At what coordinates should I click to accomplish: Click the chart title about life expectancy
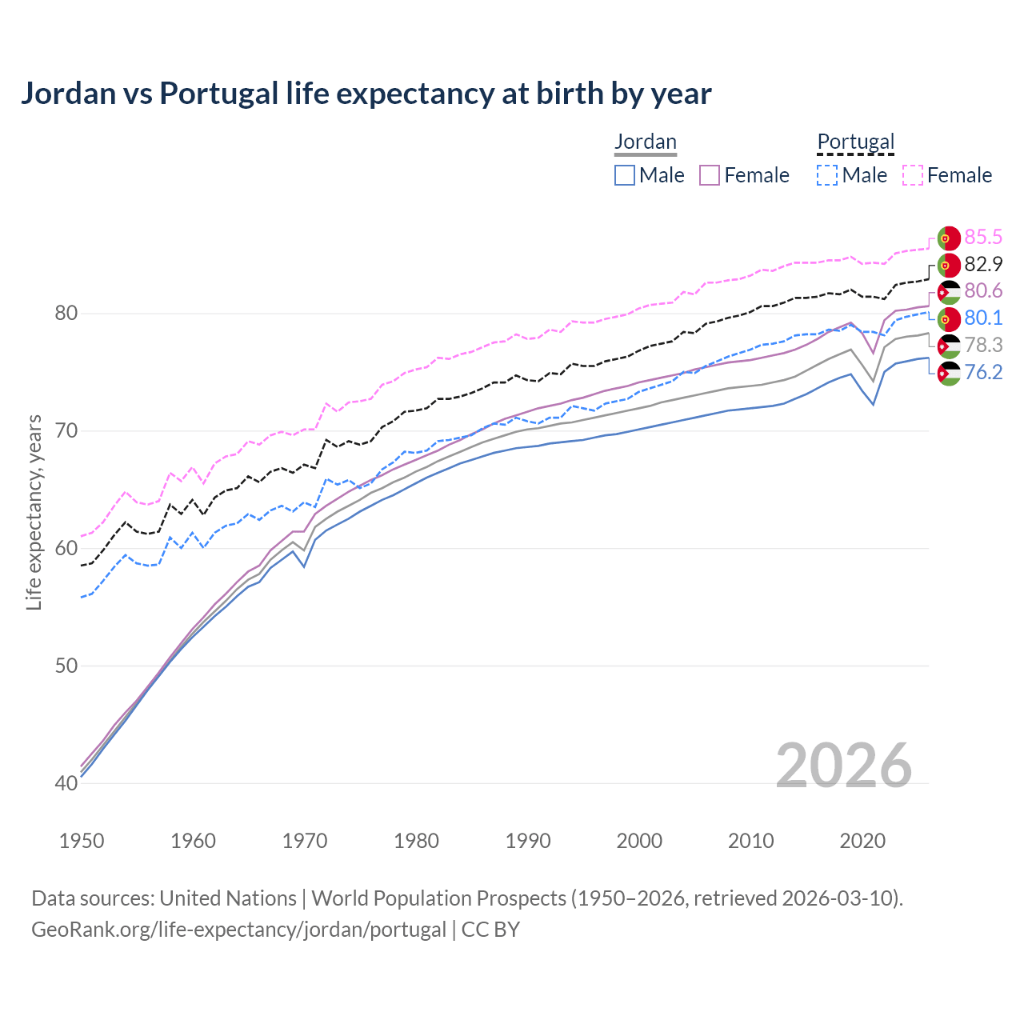tap(366, 94)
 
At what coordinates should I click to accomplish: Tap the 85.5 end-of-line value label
tap(983, 237)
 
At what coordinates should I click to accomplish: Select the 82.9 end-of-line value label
tap(983, 264)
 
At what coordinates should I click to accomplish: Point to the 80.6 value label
tap(983, 290)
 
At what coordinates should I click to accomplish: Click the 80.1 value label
tap(983, 318)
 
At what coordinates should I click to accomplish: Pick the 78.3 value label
tap(983, 345)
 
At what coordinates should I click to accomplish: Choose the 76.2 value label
tap(983, 372)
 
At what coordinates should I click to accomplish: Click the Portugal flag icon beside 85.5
tap(949, 238)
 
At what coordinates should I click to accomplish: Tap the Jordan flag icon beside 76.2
tap(949, 374)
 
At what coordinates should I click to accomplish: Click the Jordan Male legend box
tap(625, 175)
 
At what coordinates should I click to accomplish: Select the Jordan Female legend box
tap(710, 175)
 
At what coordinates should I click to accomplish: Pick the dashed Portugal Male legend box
tap(827, 175)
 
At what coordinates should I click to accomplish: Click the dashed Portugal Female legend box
tap(913, 175)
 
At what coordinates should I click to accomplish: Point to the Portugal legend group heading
tap(855, 142)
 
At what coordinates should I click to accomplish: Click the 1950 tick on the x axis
tap(82, 841)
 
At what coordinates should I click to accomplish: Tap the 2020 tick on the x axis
tap(862, 841)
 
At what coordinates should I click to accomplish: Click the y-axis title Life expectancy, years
tap(34, 512)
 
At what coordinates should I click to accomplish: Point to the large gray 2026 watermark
tap(843, 766)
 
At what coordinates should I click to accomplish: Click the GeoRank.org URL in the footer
tap(238, 930)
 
